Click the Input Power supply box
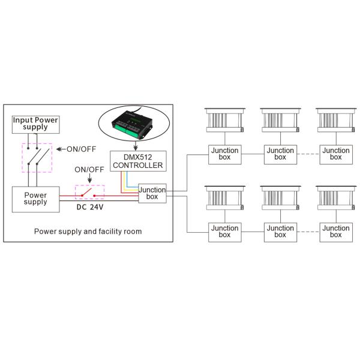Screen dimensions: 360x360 click(35, 124)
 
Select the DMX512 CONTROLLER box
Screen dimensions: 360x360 click(137, 161)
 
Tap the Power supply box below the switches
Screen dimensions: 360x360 click(35, 199)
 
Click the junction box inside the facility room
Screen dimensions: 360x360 click(152, 193)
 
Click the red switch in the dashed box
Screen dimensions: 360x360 click(89, 193)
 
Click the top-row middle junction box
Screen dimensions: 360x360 click(280, 154)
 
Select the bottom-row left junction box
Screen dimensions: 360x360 click(224, 232)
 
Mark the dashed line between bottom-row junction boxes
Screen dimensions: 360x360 click(308, 232)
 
